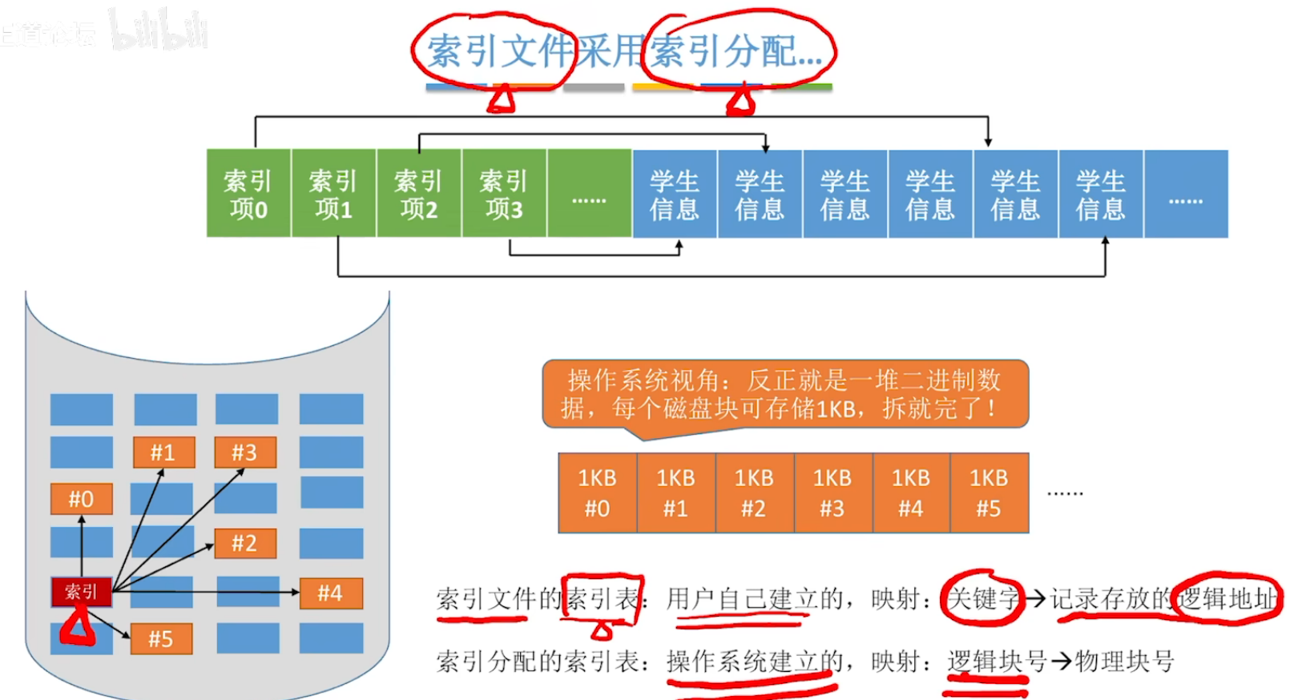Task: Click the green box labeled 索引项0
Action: (x=248, y=194)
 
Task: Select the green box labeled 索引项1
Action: (x=333, y=194)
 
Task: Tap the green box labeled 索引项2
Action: (x=418, y=194)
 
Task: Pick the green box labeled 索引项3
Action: (x=504, y=194)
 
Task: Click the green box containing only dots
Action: (x=589, y=194)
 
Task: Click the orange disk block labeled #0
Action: (x=81, y=499)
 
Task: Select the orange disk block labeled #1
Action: (x=163, y=453)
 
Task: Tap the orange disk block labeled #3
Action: (x=245, y=453)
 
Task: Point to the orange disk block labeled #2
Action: (x=245, y=544)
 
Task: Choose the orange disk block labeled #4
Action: (x=330, y=593)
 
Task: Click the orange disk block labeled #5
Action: (x=161, y=639)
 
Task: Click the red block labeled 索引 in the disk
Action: (x=81, y=592)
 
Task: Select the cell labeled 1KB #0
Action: (x=597, y=493)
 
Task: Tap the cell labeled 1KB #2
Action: (x=754, y=493)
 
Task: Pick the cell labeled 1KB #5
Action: (x=989, y=493)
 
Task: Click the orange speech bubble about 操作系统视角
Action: (x=784, y=394)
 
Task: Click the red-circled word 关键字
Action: (x=982, y=598)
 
